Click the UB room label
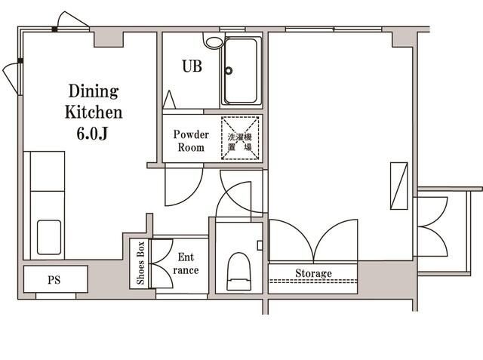(192, 66)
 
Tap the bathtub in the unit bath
(241, 71)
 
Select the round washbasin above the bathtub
(214, 42)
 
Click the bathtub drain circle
(229, 70)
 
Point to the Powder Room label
(191, 140)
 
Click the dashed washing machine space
(240, 138)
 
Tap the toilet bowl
(238, 271)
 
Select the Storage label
(314, 273)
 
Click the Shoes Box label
(140, 263)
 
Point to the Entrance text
(186, 263)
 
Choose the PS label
(54, 280)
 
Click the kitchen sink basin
(49, 237)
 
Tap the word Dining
(94, 91)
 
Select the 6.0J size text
(92, 134)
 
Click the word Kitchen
(94, 112)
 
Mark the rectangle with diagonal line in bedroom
(399, 186)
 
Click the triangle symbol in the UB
(169, 100)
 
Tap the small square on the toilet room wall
(260, 245)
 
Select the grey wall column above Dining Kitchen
(109, 38)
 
